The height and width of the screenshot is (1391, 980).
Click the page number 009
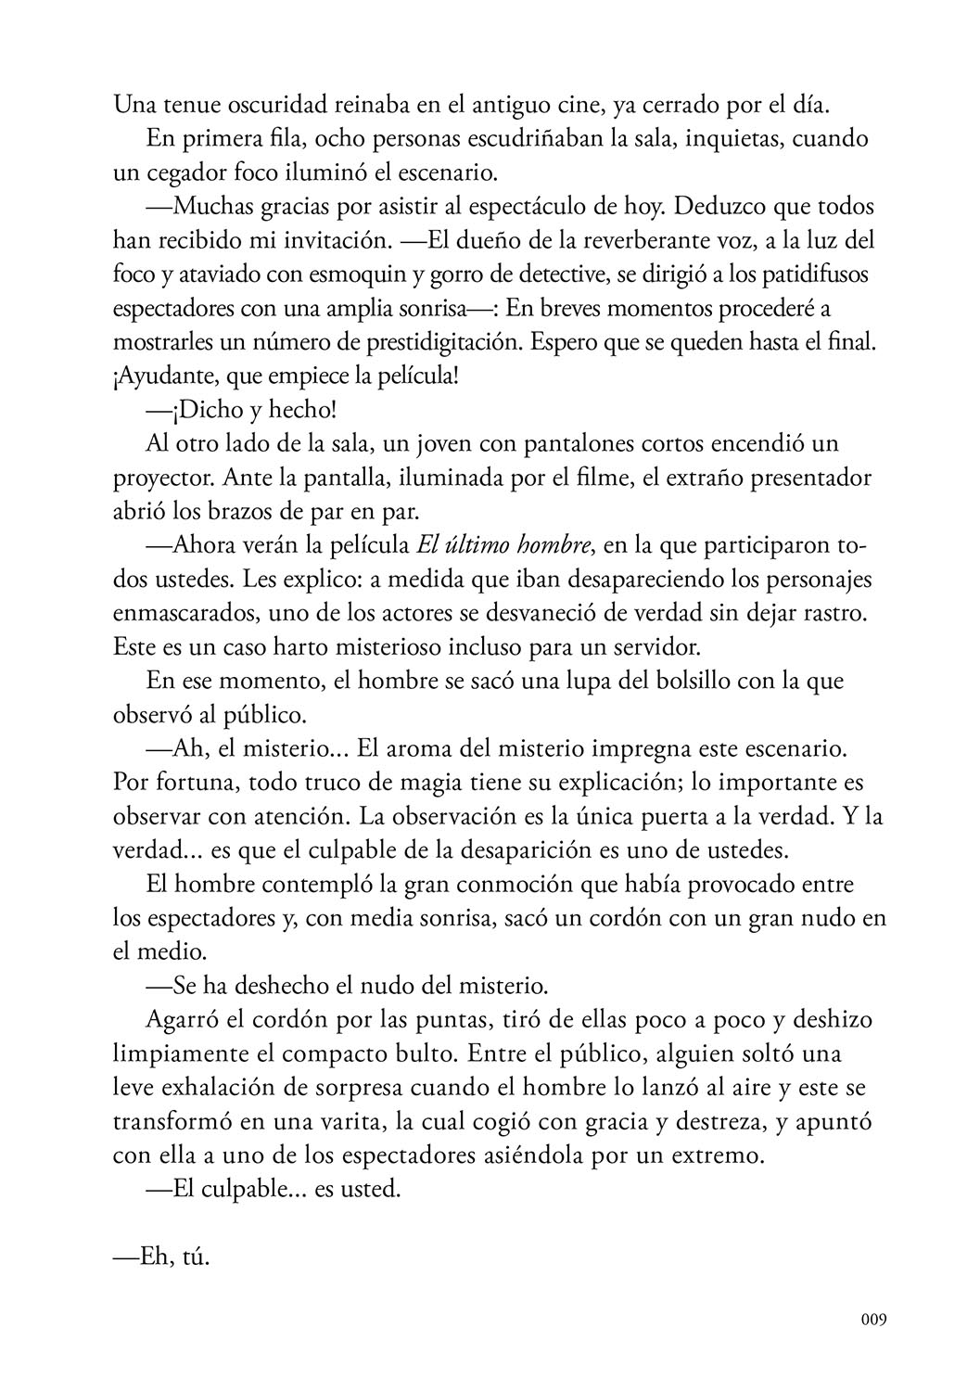point(872,1320)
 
